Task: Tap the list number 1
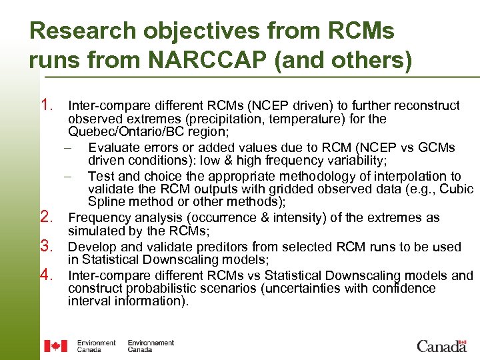(47, 105)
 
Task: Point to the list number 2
(47, 217)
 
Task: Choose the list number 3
(47, 245)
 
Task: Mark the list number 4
(47, 274)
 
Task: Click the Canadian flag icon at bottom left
(55, 345)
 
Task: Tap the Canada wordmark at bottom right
(441, 345)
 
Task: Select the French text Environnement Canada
(150, 346)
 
